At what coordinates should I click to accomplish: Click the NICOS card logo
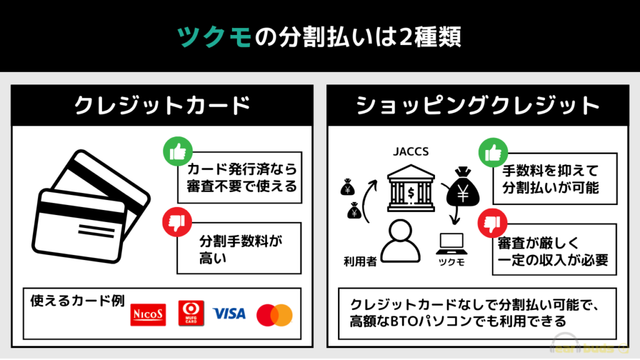148,315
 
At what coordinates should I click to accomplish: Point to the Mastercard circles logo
274,315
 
